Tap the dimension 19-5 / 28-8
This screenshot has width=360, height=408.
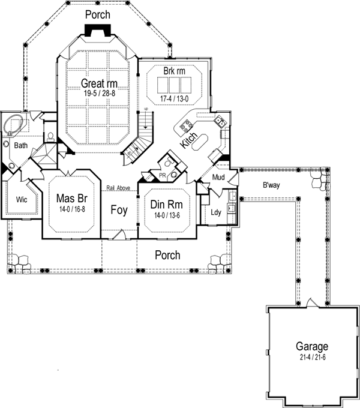(x=98, y=94)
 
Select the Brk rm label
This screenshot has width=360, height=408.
(x=174, y=71)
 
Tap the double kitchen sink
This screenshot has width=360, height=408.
(x=220, y=122)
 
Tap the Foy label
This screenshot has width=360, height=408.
(x=118, y=210)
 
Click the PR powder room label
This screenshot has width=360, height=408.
(x=162, y=176)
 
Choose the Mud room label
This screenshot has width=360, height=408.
(x=218, y=178)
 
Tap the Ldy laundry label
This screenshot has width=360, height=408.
(x=215, y=212)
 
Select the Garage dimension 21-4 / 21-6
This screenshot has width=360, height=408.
(x=311, y=357)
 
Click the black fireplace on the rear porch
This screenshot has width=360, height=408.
(x=97, y=31)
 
